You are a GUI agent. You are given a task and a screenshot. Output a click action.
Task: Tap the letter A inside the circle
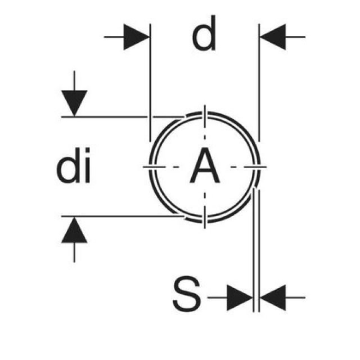tap(205, 167)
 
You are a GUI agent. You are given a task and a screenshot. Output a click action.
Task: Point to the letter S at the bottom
tap(186, 296)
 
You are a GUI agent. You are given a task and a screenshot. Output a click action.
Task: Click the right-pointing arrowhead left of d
tap(137, 37)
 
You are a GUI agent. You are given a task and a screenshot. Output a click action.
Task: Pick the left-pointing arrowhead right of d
tap(272, 37)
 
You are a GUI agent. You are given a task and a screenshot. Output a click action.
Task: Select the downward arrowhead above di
tap(75, 102)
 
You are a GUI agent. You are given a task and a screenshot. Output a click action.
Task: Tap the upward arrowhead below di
tap(75, 231)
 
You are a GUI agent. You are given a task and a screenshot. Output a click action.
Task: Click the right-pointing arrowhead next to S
tap(239, 296)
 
